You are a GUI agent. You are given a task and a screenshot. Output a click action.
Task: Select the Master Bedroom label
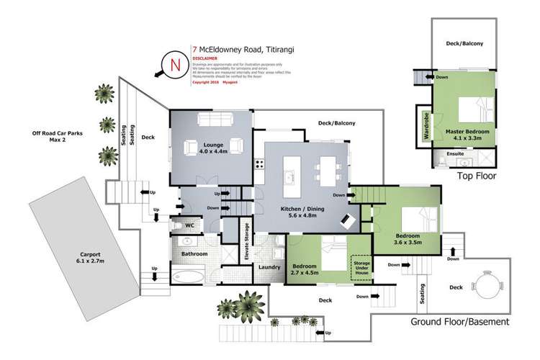pos(472,136)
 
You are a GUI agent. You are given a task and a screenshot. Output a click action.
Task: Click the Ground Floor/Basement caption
pos(460,321)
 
